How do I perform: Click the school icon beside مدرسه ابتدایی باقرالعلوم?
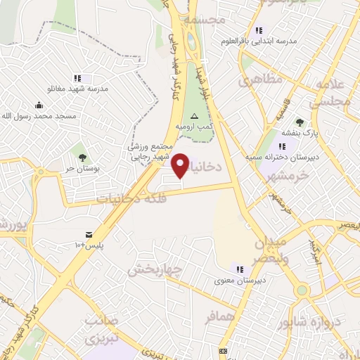pos(259,30)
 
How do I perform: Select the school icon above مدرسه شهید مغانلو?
pos(77,78)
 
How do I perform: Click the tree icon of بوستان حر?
pos(82,157)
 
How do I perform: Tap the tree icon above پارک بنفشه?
pos(300,122)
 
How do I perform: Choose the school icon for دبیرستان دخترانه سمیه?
pos(283,146)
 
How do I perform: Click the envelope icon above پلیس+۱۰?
pos(89,233)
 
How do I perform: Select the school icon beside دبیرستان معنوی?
pos(240,269)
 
